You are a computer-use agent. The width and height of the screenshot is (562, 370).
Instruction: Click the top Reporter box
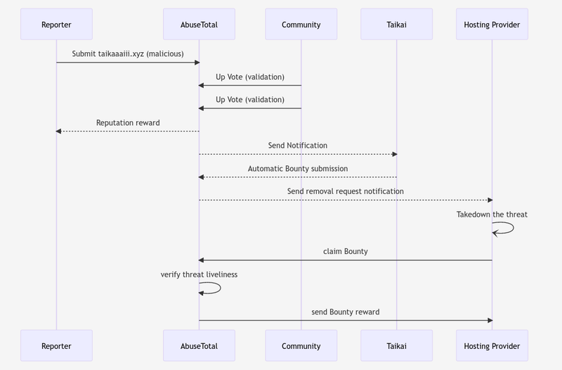(x=56, y=24)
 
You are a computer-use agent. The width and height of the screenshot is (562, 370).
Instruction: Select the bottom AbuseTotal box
(x=199, y=345)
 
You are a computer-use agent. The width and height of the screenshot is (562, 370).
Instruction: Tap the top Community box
(x=301, y=24)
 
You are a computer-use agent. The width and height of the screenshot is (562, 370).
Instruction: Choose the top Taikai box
(x=396, y=24)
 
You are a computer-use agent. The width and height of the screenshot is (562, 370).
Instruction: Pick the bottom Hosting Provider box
(x=492, y=345)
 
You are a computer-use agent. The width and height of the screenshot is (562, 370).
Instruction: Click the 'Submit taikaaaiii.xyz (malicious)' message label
(x=128, y=54)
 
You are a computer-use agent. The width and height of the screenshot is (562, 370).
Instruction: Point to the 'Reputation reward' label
(x=128, y=122)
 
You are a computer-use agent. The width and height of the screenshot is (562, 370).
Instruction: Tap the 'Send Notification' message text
(x=298, y=146)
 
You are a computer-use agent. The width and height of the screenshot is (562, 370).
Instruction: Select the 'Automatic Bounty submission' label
(x=298, y=169)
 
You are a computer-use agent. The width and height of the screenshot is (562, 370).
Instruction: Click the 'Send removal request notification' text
(x=346, y=191)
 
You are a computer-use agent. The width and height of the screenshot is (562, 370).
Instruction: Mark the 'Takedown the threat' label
(x=492, y=215)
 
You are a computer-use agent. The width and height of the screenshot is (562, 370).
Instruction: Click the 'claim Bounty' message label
(x=346, y=251)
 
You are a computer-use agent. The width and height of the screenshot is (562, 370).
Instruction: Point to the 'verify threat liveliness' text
(x=199, y=274)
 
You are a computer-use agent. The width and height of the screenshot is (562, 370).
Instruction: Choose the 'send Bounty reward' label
(x=346, y=312)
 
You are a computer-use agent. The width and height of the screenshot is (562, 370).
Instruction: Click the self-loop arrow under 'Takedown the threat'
(x=514, y=228)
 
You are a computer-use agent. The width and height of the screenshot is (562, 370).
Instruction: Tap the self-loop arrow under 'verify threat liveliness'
(x=221, y=288)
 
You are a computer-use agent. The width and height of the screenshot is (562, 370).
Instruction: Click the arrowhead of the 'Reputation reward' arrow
(x=58, y=132)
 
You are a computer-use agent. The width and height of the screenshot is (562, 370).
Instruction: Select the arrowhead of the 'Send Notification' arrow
(x=395, y=154)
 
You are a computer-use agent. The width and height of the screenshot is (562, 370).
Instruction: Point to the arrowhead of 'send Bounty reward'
(x=490, y=321)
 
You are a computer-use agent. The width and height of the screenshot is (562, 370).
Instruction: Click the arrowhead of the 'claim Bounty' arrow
(x=201, y=260)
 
